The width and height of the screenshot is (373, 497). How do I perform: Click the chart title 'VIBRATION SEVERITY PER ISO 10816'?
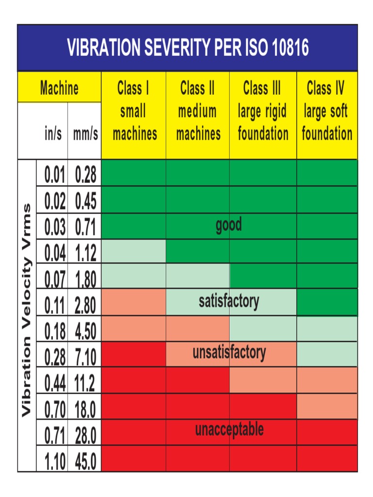point(187,48)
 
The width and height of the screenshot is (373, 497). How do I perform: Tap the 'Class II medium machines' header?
point(198,111)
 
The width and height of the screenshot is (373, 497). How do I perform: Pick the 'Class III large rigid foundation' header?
point(263,111)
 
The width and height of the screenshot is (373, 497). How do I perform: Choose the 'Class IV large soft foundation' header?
point(326,111)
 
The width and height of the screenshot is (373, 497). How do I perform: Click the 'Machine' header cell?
point(59,88)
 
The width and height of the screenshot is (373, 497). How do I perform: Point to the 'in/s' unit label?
point(53,134)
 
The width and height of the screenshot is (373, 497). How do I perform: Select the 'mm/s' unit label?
point(85,134)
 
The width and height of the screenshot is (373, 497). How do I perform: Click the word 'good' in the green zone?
point(229,225)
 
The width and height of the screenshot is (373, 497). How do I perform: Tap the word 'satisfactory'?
point(229,301)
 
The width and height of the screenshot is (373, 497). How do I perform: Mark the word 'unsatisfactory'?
point(229,352)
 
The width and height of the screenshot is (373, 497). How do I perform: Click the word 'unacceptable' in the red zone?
point(229,430)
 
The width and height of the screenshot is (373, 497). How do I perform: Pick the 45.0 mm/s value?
point(85,461)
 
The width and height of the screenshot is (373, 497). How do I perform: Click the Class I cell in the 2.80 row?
point(134,302)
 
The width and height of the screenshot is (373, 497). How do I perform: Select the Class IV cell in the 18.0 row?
point(326,407)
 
